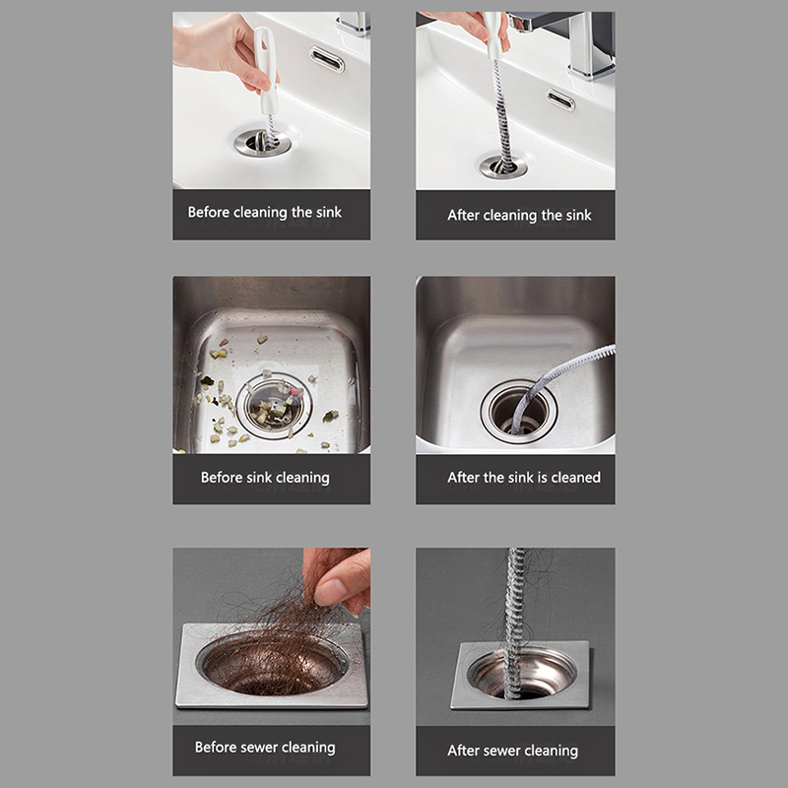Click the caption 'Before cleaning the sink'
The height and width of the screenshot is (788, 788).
(x=264, y=213)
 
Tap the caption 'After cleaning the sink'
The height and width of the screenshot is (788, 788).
(x=519, y=216)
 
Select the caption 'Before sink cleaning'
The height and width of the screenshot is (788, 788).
(x=265, y=478)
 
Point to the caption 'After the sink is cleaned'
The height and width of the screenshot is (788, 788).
(x=524, y=478)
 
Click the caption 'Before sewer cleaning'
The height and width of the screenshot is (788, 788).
(x=265, y=748)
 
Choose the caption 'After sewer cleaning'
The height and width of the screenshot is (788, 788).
(x=512, y=751)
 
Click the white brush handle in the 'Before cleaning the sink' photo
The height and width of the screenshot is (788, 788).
(x=267, y=70)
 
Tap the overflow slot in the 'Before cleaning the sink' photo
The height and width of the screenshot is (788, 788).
(x=327, y=59)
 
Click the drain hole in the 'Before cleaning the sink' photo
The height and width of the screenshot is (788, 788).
(x=262, y=142)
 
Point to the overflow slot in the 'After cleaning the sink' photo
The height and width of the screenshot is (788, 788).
(x=560, y=99)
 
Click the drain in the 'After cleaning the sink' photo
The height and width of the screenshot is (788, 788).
(x=503, y=166)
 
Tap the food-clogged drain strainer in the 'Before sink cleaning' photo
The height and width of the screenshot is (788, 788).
(x=275, y=406)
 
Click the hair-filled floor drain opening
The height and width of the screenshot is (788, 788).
(x=273, y=665)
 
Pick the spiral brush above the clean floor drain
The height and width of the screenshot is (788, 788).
(x=515, y=624)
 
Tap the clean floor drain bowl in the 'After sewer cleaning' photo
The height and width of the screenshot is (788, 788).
(x=522, y=674)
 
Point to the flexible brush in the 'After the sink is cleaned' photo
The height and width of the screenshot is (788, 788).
(x=558, y=382)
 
